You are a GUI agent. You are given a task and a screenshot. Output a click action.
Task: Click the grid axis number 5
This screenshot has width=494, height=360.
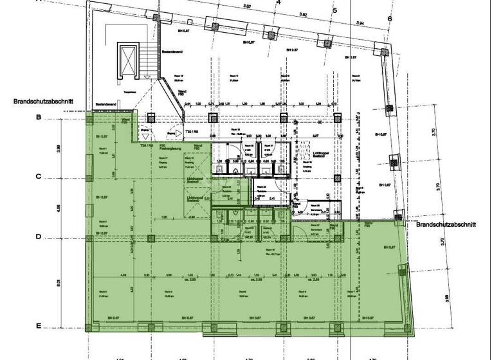pos(335,10)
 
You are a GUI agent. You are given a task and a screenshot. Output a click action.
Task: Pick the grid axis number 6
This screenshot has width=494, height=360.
pos(390,18)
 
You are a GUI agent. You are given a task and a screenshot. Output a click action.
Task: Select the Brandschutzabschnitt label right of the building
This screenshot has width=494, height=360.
pos(446,226)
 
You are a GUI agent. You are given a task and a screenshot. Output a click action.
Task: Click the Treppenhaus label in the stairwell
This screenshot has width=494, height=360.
pos(129,92)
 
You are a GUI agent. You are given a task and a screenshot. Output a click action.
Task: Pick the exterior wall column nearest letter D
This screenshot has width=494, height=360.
pos(89,237)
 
